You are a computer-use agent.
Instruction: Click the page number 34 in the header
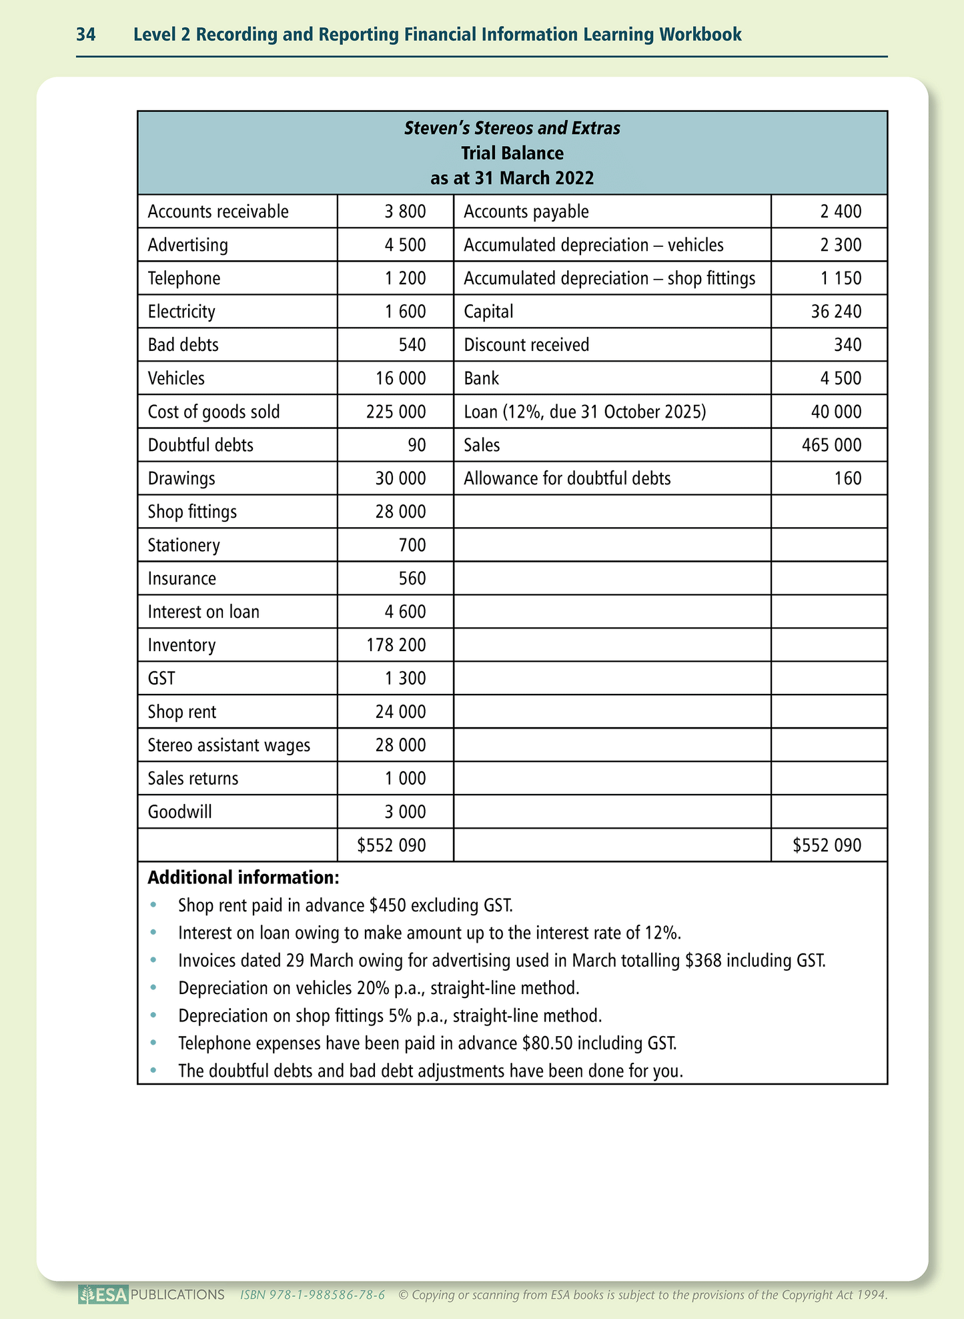tap(86, 35)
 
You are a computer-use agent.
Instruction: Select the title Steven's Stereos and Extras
tap(512, 128)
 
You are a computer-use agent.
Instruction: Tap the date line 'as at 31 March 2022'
tap(512, 178)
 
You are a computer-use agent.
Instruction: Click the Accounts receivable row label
tap(218, 211)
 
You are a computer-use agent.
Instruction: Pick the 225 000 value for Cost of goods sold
tap(396, 412)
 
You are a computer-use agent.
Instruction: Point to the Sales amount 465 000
tap(831, 445)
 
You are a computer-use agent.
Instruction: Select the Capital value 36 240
tap(836, 312)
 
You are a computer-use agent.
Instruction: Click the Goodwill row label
tap(179, 812)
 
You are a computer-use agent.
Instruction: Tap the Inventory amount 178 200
tap(396, 645)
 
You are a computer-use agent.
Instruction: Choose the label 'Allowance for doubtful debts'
tap(567, 478)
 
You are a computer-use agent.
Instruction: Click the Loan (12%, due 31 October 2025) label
tap(584, 412)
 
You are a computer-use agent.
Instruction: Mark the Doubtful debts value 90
tap(416, 445)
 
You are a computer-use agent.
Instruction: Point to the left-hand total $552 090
tap(392, 846)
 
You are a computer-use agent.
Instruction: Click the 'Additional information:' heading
tap(243, 877)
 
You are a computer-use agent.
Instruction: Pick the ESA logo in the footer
tap(103, 1295)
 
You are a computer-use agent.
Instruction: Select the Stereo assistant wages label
tap(229, 745)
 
